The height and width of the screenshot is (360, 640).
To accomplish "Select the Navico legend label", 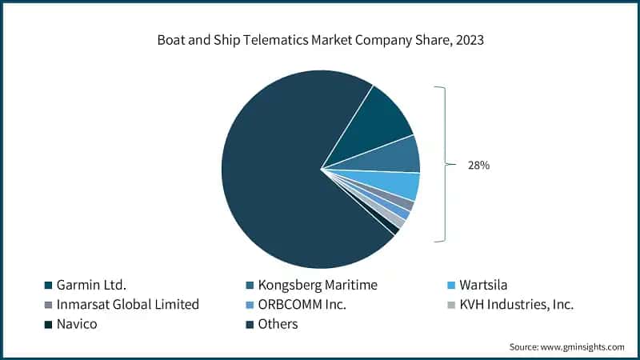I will coord(78,324).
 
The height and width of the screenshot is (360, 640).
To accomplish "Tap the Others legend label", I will coord(278,324).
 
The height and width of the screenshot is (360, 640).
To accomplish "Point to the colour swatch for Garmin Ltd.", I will coord(47,286).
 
